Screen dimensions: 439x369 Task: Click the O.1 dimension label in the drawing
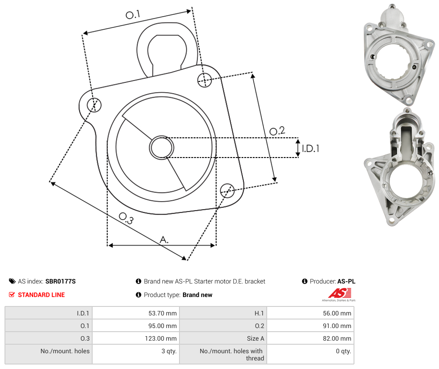point(132,14)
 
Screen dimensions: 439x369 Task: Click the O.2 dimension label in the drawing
point(277,131)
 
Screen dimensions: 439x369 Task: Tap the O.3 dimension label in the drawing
point(126,218)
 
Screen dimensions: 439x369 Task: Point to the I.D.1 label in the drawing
point(310,148)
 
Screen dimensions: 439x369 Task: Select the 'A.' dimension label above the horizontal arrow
point(164,240)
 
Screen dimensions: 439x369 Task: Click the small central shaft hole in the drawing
point(161,148)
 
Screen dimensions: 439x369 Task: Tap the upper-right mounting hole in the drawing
point(205,80)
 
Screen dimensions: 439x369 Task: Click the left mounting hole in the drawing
point(94,105)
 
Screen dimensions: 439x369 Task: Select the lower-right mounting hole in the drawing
point(227,191)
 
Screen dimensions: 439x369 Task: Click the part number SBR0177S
point(60,281)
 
